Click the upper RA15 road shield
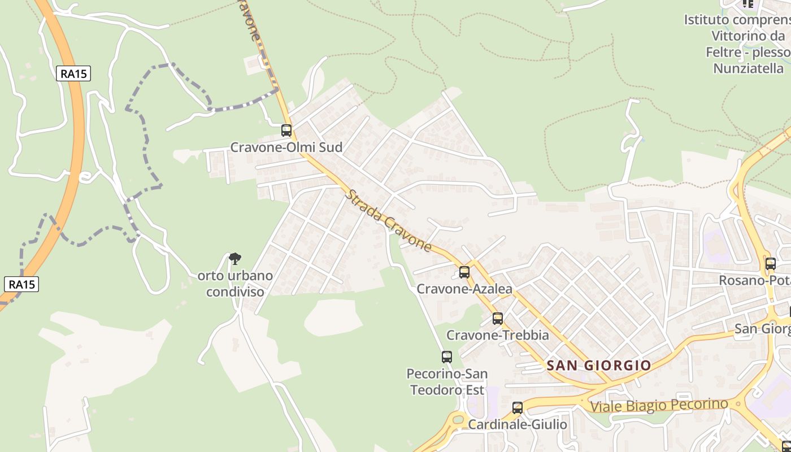click(x=73, y=73)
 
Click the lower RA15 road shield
click(x=22, y=284)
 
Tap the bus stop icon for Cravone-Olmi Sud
click(x=286, y=131)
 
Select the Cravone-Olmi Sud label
click(x=286, y=147)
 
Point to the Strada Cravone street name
click(x=388, y=221)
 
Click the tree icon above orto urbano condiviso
click(x=235, y=259)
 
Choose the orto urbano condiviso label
click(x=235, y=284)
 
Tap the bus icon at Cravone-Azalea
click(x=464, y=272)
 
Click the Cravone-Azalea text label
click(x=464, y=289)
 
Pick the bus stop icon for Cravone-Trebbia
click(x=498, y=318)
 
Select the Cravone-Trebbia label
click(x=498, y=335)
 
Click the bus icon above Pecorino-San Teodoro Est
click(x=447, y=357)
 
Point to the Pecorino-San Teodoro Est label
click(x=447, y=382)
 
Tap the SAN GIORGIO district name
click(x=599, y=366)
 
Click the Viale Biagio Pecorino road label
click(x=659, y=406)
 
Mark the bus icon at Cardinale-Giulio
click(x=518, y=407)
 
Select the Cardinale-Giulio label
click(x=518, y=424)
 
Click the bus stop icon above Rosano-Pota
click(x=771, y=263)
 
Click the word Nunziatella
click(x=749, y=68)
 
